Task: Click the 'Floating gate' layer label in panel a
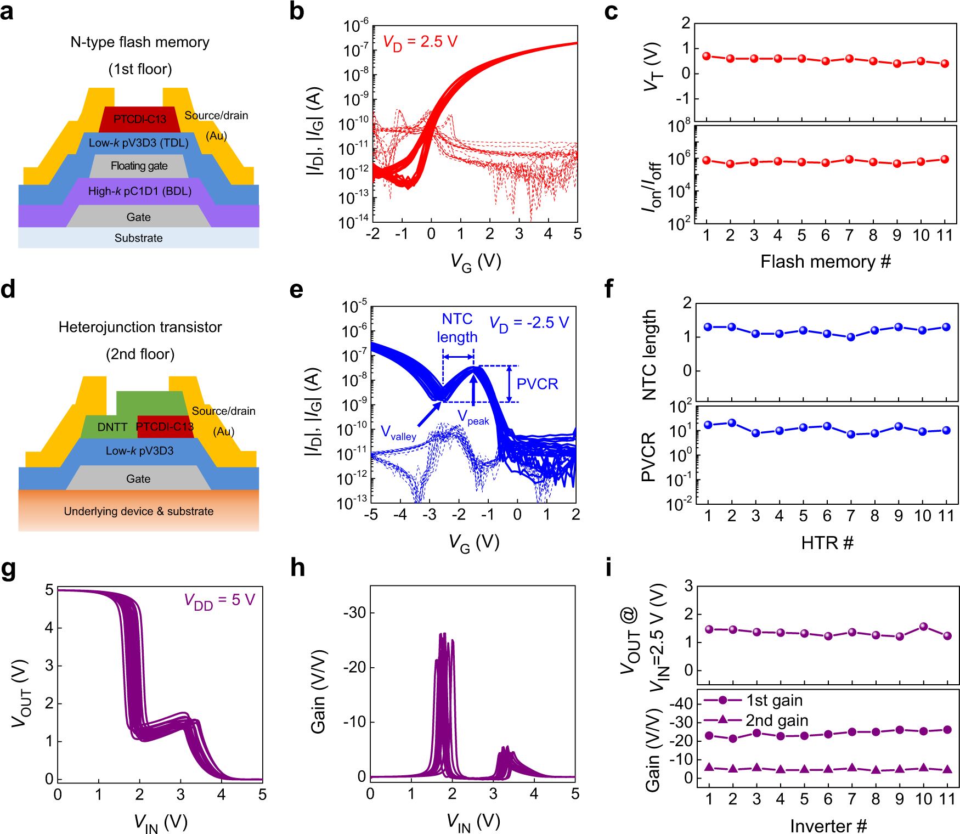pyautogui.click(x=139, y=166)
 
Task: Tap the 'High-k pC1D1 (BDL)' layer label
pyautogui.click(x=139, y=191)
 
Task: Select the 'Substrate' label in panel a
pyautogui.click(x=138, y=238)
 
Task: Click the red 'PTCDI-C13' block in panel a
pyautogui.click(x=139, y=119)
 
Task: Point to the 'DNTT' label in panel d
pyautogui.click(x=112, y=427)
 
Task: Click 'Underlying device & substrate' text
pyautogui.click(x=138, y=511)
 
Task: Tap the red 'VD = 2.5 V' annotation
pyautogui.click(x=420, y=42)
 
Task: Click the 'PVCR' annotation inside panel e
pyautogui.click(x=537, y=384)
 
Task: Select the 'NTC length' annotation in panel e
pyautogui.click(x=457, y=328)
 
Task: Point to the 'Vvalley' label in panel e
pyautogui.click(x=399, y=433)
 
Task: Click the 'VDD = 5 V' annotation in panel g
pyautogui.click(x=219, y=601)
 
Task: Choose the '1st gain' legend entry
pyautogui.click(x=774, y=700)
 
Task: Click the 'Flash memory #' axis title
pyautogui.click(x=825, y=262)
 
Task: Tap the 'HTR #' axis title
pyautogui.click(x=827, y=543)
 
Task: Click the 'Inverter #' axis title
pyautogui.click(x=828, y=826)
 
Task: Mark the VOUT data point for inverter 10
pyautogui.click(x=923, y=627)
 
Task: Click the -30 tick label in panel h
pyautogui.click(x=354, y=612)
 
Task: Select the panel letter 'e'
pyautogui.click(x=296, y=290)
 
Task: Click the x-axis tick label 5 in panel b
pyautogui.click(x=577, y=234)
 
